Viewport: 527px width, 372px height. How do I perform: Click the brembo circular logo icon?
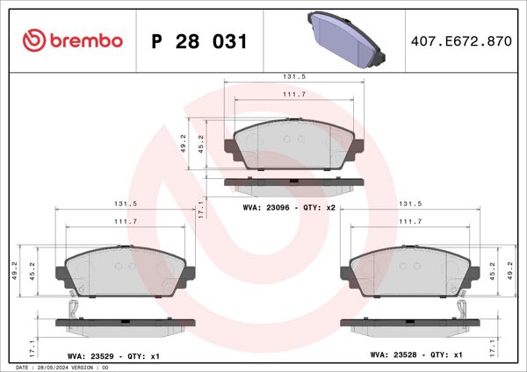tap(33, 41)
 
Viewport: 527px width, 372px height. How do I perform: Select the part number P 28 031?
tap(199, 42)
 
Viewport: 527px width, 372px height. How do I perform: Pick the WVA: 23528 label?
tap(395, 357)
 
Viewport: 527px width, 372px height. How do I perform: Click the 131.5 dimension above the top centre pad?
tap(294, 76)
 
